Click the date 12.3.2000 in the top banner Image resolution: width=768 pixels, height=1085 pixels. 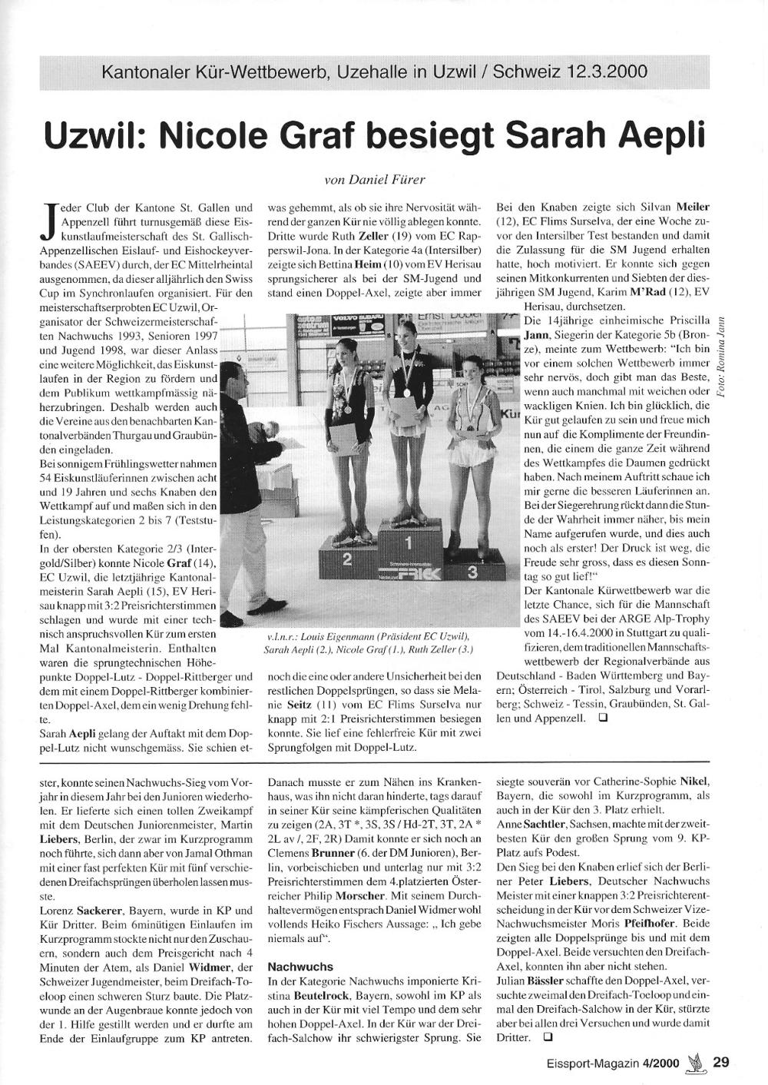pyautogui.click(x=607, y=73)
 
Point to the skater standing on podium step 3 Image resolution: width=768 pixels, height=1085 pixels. pyautogui.click(x=472, y=461)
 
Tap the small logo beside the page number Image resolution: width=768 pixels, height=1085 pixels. pyautogui.click(x=696, y=1062)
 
